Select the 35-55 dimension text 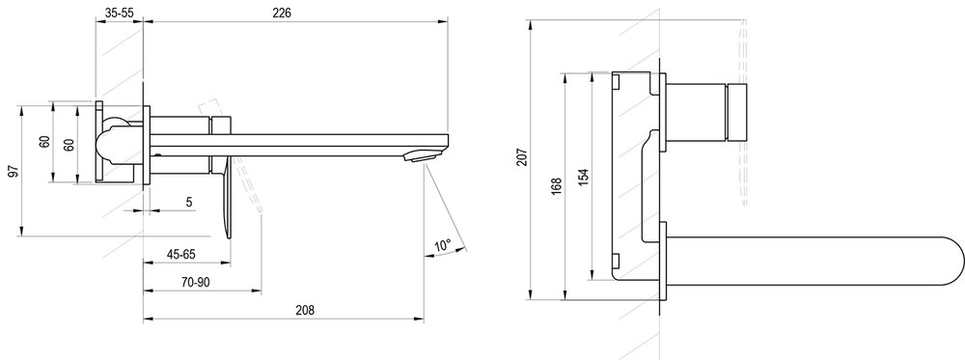pyautogui.click(x=121, y=13)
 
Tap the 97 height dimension pyautogui.click(x=12, y=171)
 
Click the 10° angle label pyautogui.click(x=442, y=246)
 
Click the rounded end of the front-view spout pyautogui.click(x=951, y=257)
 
